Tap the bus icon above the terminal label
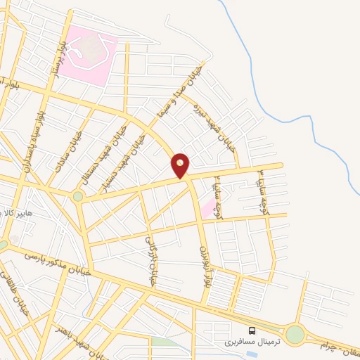251,330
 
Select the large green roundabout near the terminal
295,335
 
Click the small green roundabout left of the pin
77,196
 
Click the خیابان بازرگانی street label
149,261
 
